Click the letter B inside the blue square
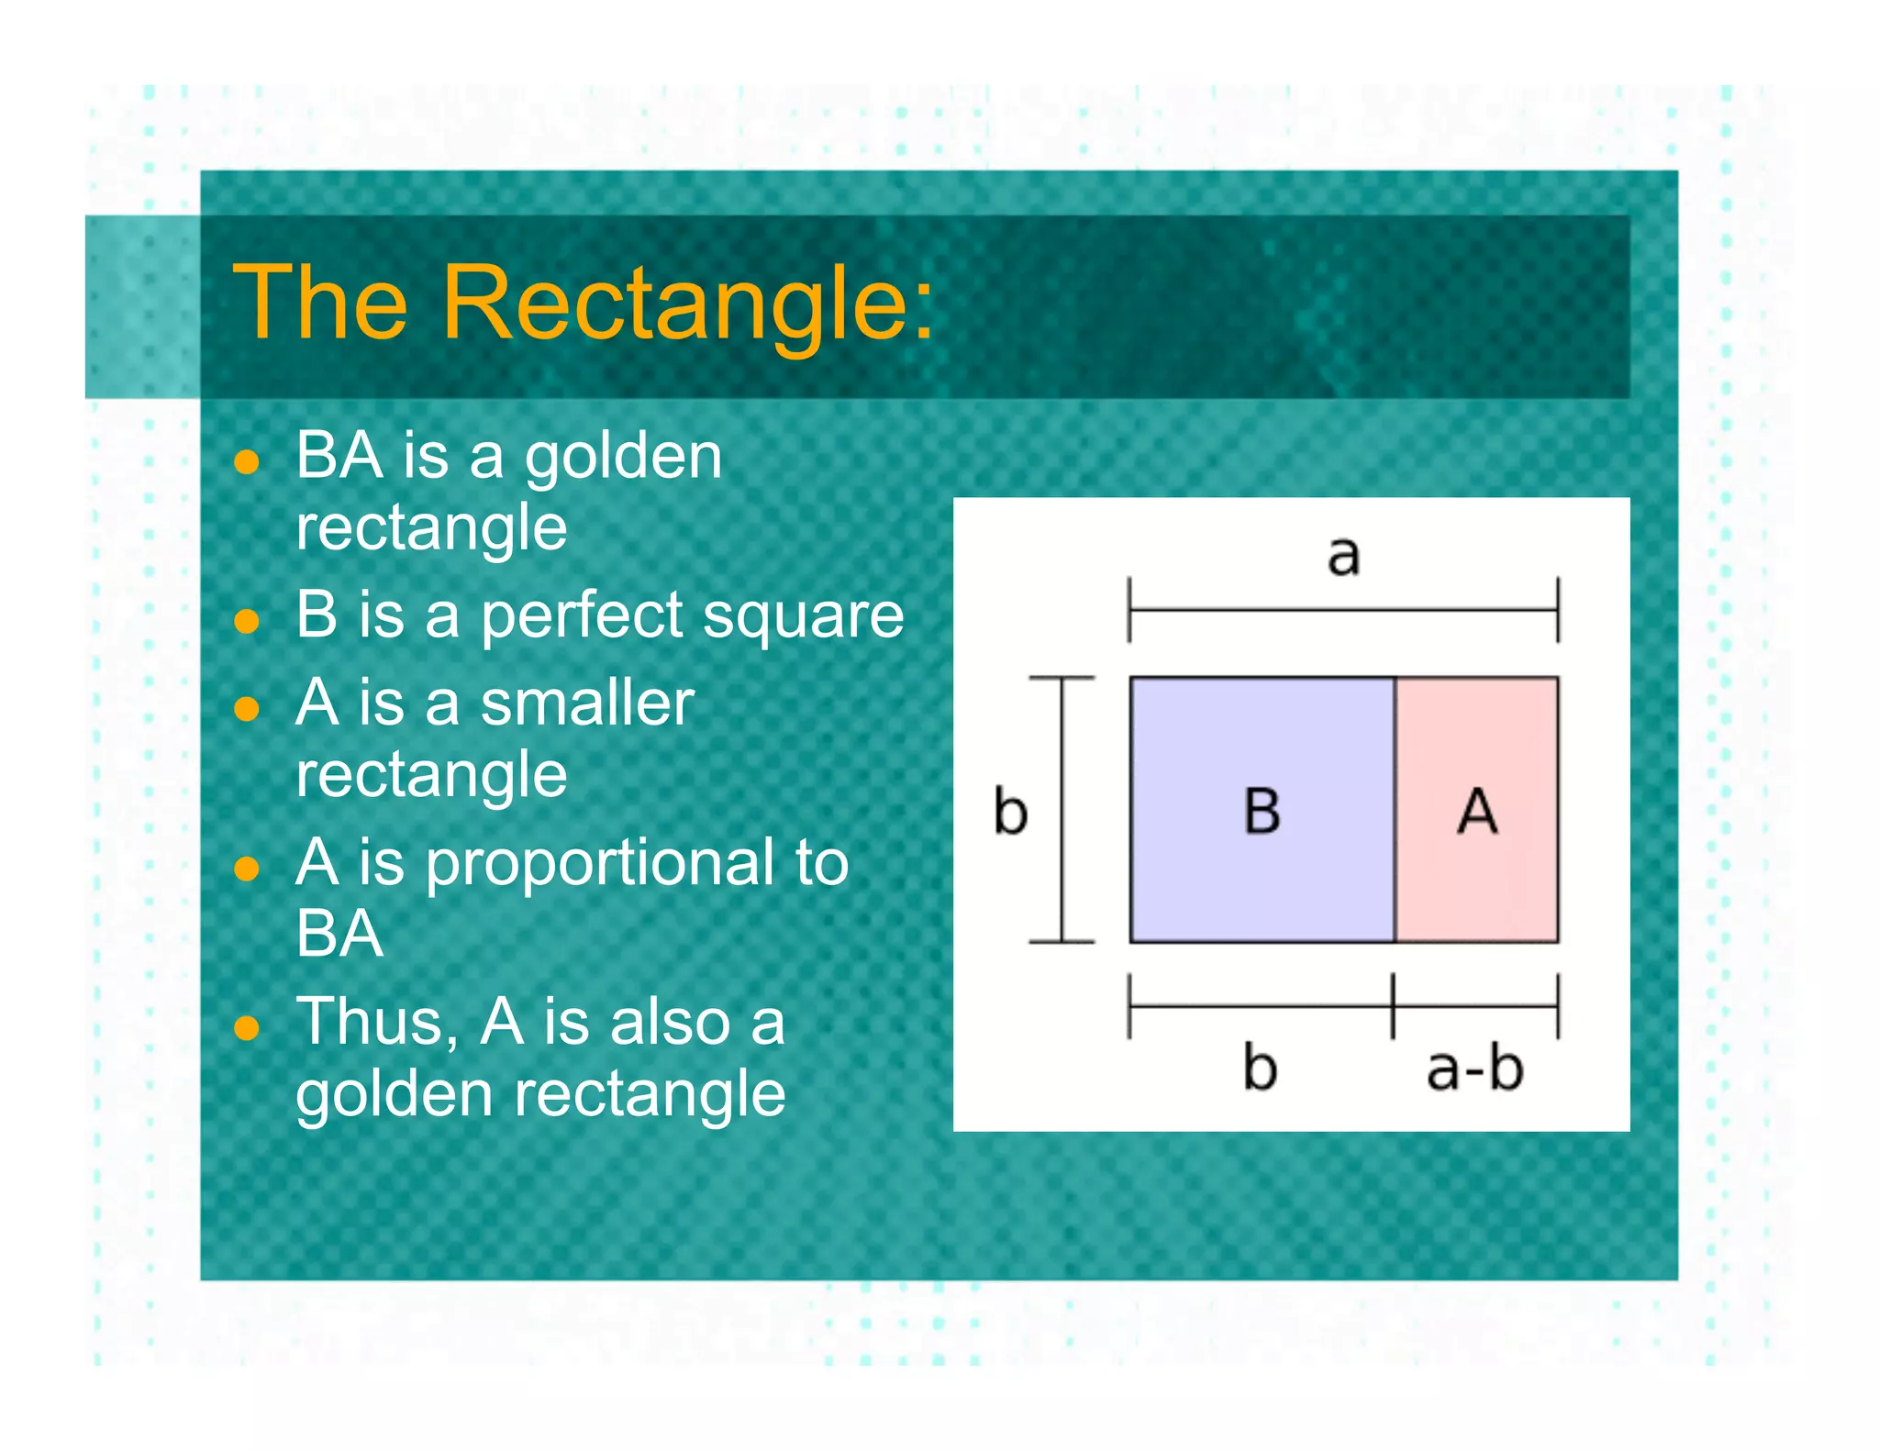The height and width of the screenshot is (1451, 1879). click(x=1262, y=811)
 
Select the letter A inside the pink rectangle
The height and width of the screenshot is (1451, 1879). click(x=1477, y=811)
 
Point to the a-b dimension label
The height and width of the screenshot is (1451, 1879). click(x=1474, y=1069)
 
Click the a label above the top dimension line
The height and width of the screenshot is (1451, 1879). click(x=1343, y=556)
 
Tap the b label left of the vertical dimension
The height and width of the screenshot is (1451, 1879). click(x=1010, y=812)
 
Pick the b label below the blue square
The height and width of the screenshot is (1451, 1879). click(x=1260, y=1068)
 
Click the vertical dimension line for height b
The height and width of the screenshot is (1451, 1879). click(x=1062, y=811)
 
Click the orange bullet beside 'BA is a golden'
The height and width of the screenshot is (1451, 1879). click(x=246, y=461)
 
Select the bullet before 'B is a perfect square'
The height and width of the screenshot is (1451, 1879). click(x=246, y=622)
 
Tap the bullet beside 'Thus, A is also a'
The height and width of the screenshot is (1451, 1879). click(x=246, y=1028)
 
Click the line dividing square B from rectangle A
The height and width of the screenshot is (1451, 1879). click(x=1395, y=811)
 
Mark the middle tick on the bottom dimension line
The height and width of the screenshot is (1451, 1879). click(x=1393, y=1006)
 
